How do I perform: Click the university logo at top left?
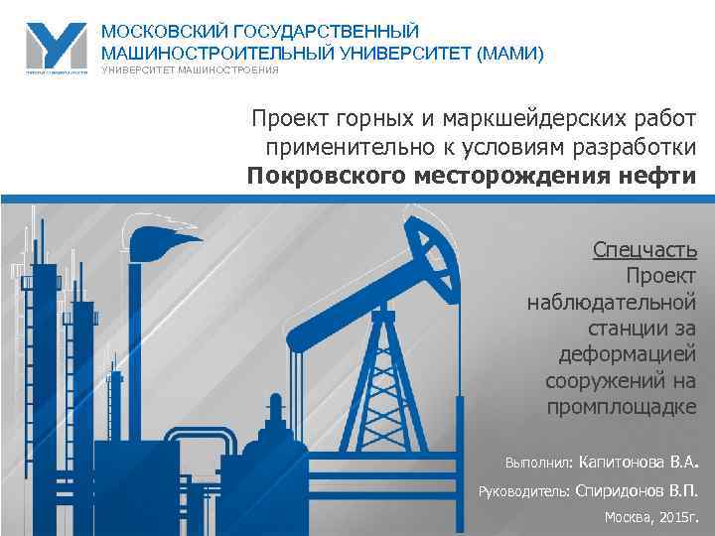coord(56,47)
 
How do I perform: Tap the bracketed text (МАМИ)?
coord(510,54)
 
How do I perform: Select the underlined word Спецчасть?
coord(644,248)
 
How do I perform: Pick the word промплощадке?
coord(622,408)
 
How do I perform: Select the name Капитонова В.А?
coord(638,462)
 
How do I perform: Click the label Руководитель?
coord(522,490)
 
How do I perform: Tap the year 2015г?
coord(679,517)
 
